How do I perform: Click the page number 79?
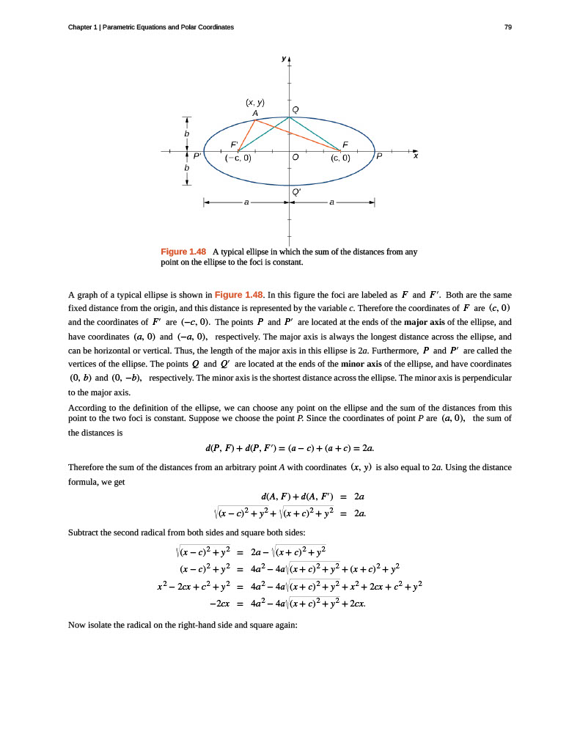coord(508,27)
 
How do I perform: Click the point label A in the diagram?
coord(254,113)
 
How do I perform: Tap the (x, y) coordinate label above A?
coord(254,103)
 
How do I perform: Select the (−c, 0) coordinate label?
coord(238,158)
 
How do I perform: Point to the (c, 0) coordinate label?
coord(340,158)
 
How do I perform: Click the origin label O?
coord(295,158)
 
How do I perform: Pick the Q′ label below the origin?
coord(296,190)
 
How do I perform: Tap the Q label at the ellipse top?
coord(295,109)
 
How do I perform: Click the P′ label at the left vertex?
coord(197,157)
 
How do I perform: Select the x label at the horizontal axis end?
coord(415,156)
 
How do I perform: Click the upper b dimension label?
coord(187,134)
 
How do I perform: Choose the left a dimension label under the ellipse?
coord(246,202)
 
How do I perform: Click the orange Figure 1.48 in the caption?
coord(183,252)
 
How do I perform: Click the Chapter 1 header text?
coord(150,27)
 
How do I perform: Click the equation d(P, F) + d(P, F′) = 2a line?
coord(290,447)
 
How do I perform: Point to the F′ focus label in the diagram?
coord(234,144)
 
